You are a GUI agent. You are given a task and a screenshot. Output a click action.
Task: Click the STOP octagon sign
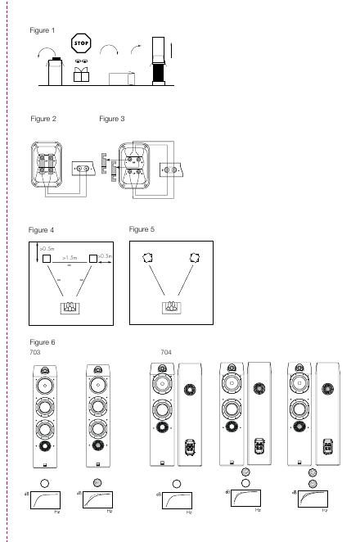81,43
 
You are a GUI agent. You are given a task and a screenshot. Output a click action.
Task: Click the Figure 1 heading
43,30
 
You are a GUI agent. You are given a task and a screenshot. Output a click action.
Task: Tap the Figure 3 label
111,119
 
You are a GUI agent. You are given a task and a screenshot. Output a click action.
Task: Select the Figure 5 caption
142,229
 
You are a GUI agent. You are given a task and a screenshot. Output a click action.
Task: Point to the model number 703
35,352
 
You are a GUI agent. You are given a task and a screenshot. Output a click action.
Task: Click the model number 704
166,352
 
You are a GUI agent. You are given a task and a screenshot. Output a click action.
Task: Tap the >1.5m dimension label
70,258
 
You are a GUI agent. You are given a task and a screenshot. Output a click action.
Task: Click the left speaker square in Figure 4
47,259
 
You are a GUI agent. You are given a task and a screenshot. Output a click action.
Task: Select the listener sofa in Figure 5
172,307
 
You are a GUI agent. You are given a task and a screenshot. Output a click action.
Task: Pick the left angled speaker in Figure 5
147,258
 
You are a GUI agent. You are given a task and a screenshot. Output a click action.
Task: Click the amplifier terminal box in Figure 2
83,169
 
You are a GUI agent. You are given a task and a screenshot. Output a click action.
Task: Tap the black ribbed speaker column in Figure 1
159,73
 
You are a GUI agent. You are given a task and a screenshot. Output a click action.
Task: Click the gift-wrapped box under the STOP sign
81,75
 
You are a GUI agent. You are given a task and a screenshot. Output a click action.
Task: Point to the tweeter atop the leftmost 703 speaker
45,371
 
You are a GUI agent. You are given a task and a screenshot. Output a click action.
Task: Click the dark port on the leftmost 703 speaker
45,446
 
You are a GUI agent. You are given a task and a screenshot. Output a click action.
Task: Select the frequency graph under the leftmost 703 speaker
45,499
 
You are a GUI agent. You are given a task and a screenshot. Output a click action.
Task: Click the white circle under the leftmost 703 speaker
44,483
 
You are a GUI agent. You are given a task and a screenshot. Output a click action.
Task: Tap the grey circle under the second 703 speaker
97,482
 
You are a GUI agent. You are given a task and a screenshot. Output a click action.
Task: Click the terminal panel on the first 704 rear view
190,447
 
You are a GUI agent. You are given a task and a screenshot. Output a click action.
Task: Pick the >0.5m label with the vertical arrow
47,249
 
